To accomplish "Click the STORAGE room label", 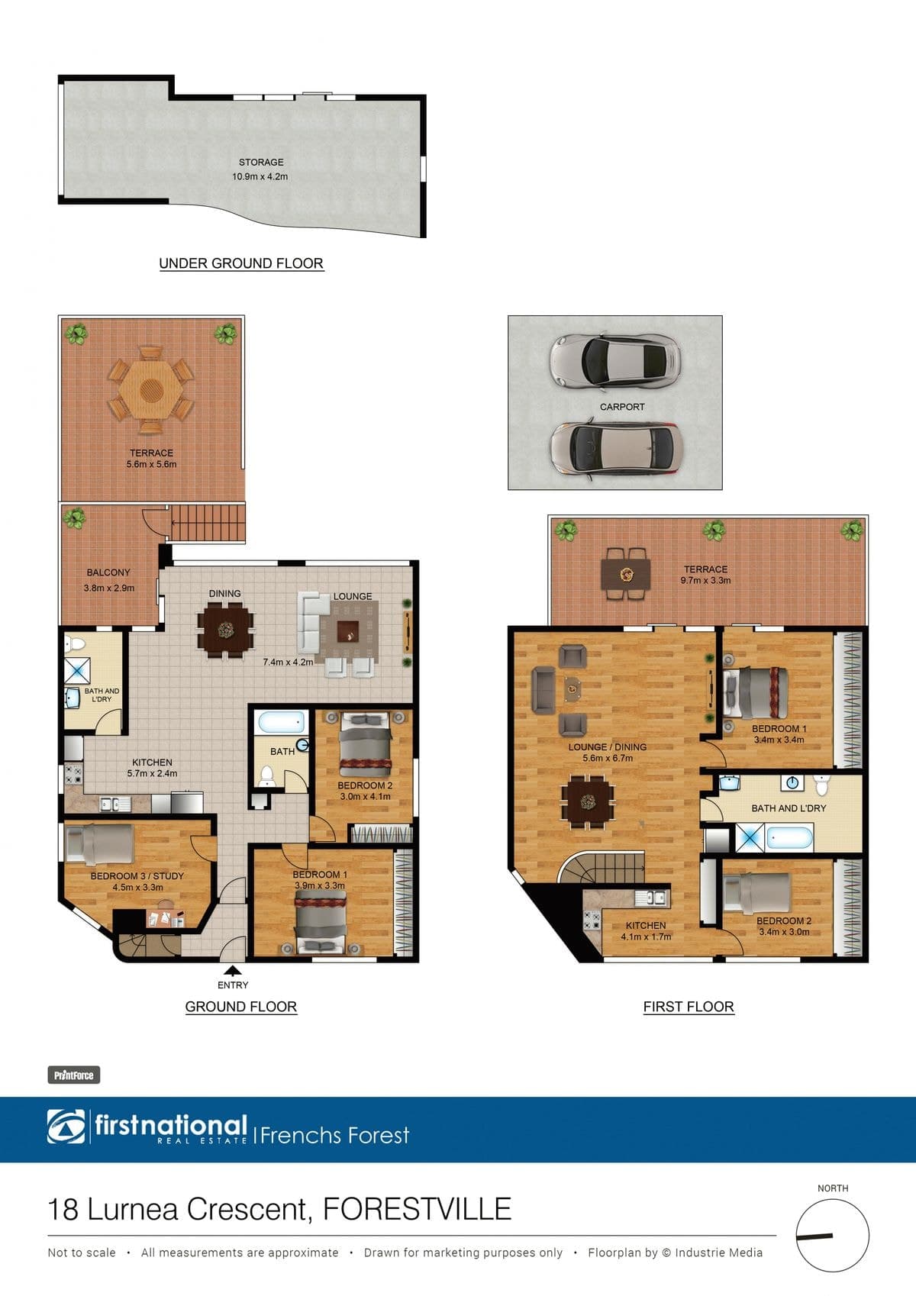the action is (x=261, y=163).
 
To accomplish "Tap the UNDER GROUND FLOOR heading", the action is (x=241, y=263).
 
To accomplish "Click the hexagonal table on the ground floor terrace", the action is (x=151, y=389).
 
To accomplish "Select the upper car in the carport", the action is (x=614, y=359).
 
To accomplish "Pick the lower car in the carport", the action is (x=616, y=450).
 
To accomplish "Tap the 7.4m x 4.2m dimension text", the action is (x=288, y=662).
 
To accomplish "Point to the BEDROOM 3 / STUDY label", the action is (x=137, y=876).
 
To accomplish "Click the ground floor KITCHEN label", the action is (x=152, y=762).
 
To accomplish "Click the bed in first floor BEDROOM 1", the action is (x=755, y=694).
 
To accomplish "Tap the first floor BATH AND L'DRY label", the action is (x=789, y=808).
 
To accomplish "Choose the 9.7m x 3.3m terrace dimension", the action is (x=705, y=580).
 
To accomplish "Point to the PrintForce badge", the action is (x=73, y=1075).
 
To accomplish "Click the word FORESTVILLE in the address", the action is (x=417, y=1209).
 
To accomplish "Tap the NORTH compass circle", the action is (x=833, y=1235).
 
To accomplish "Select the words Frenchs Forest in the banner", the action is (x=335, y=1135).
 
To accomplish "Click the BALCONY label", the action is (x=108, y=572).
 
